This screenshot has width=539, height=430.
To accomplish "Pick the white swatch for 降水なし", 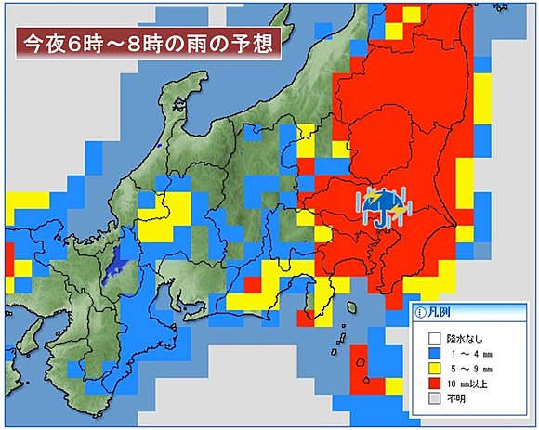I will point(432,338).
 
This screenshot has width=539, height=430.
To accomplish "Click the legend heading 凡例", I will point(440,314).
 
